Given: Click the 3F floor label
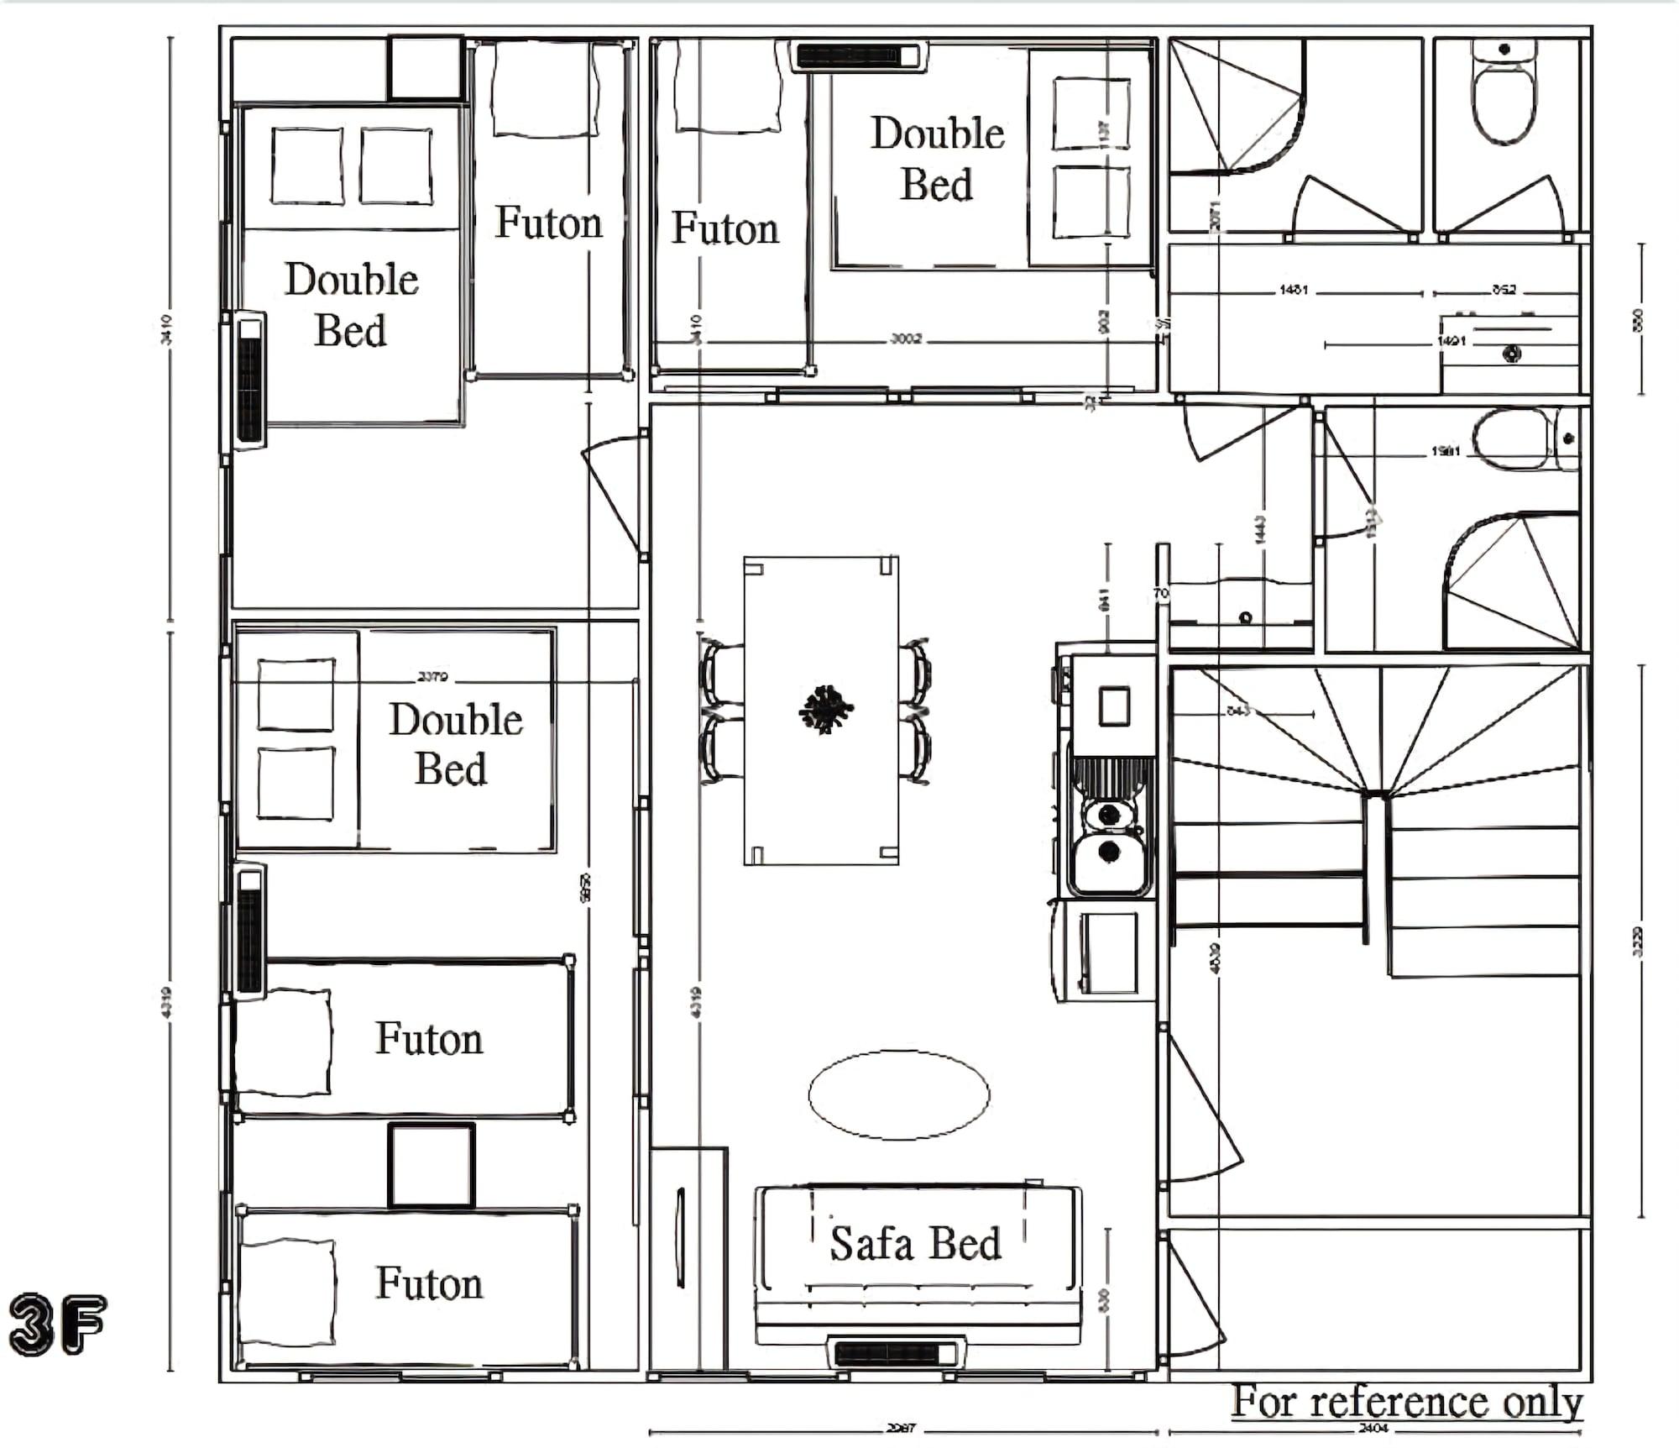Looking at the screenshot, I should [x=57, y=1324].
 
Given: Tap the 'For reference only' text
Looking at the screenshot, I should [x=1407, y=1401].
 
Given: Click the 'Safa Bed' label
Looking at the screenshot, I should [x=915, y=1243].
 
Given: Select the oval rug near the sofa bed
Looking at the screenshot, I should [x=898, y=1094].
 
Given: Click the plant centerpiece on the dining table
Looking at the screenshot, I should [x=826, y=710].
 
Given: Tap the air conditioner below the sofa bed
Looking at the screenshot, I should [x=896, y=1352].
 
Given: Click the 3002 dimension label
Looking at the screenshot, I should [x=906, y=339].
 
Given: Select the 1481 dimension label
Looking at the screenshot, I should [x=1294, y=290].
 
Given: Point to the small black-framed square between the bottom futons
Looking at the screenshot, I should [x=432, y=1166].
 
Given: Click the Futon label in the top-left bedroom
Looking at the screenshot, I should [x=548, y=223].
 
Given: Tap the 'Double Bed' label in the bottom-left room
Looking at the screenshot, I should [x=454, y=743].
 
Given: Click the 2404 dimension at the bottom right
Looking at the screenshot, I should [x=1373, y=1428].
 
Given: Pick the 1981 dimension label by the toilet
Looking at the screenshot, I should [x=1446, y=451].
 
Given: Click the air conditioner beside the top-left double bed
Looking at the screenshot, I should [x=249, y=380].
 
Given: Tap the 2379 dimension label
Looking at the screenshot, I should [x=433, y=677].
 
